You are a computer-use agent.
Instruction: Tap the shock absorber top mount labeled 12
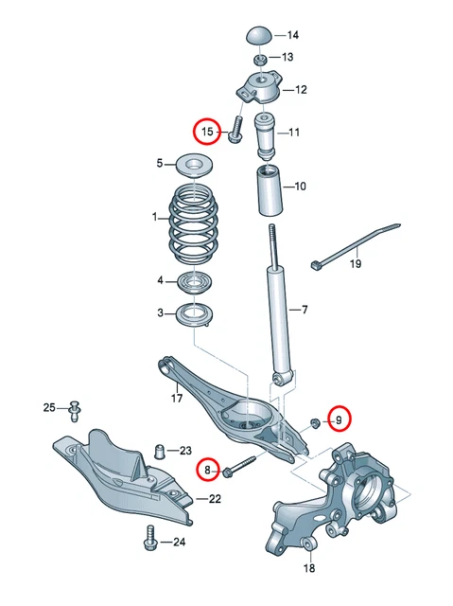pyautogui.click(x=256, y=92)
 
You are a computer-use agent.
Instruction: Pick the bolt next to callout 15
pyautogui.click(x=235, y=130)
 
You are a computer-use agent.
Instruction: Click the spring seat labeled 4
pyautogui.click(x=196, y=281)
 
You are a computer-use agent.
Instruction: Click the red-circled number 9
pyautogui.click(x=339, y=417)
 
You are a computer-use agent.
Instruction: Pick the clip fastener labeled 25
pyautogui.click(x=75, y=408)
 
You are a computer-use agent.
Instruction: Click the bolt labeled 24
pyautogui.click(x=148, y=541)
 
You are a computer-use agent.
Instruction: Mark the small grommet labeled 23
pyautogui.click(x=161, y=449)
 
